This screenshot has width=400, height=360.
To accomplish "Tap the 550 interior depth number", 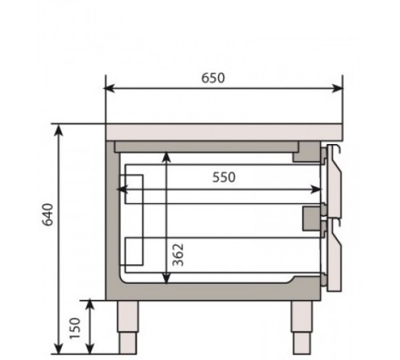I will point(223,178).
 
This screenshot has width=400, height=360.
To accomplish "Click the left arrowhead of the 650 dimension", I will point(110,89).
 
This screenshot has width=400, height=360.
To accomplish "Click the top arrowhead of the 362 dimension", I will point(166,158).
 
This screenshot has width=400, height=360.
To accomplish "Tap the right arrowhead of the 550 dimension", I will point(318,190).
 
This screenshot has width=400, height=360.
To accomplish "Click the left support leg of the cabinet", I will point(130,326).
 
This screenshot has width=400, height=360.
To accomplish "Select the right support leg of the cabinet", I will point(301,326).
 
